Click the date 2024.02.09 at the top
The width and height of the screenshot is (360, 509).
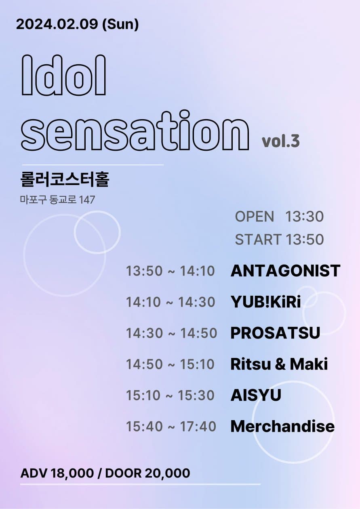(x=57, y=24)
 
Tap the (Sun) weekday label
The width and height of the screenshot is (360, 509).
(x=120, y=25)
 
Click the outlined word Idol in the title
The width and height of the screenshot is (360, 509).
(x=63, y=75)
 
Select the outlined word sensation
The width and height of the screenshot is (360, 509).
(x=135, y=130)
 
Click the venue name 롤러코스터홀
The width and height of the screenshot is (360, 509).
(x=65, y=179)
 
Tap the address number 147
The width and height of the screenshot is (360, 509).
(x=87, y=200)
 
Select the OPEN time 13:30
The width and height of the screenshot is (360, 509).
(x=304, y=217)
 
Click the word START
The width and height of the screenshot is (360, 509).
(x=258, y=240)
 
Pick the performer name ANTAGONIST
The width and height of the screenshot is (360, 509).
(x=285, y=271)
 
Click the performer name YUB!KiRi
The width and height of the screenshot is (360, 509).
(x=266, y=302)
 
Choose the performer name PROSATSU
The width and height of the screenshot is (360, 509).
(x=275, y=333)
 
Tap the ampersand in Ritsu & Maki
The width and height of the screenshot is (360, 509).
(x=279, y=364)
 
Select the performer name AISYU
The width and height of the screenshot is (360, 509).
(x=256, y=395)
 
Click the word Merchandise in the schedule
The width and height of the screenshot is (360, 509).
(x=282, y=426)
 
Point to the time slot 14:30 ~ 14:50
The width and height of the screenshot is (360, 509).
(x=171, y=333)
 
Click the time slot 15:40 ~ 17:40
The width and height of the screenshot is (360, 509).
(x=171, y=426)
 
